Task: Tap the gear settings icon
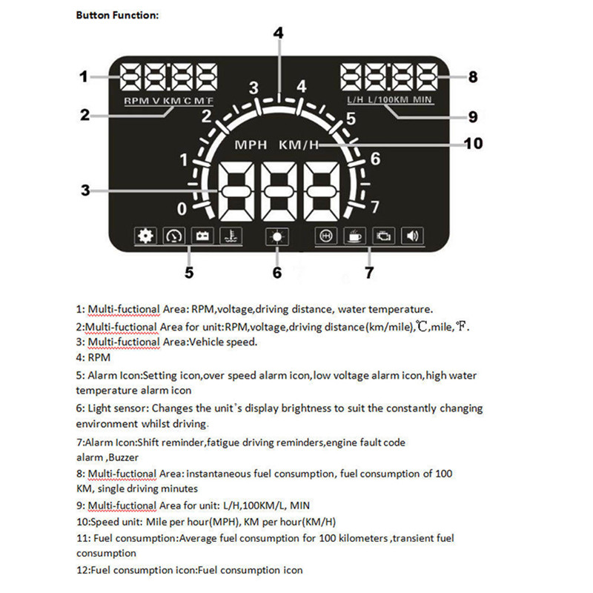[145, 236]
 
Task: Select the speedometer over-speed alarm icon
[173, 236]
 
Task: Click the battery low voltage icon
[202, 236]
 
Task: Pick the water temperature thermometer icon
[231, 236]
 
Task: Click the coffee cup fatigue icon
[354, 236]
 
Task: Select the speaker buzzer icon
[412, 236]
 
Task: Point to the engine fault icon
[383, 236]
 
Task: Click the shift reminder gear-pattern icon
[325, 236]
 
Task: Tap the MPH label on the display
[251, 144]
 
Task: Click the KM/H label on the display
[299, 144]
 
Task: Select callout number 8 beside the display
[472, 76]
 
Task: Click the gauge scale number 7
[375, 206]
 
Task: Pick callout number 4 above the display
[278, 33]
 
